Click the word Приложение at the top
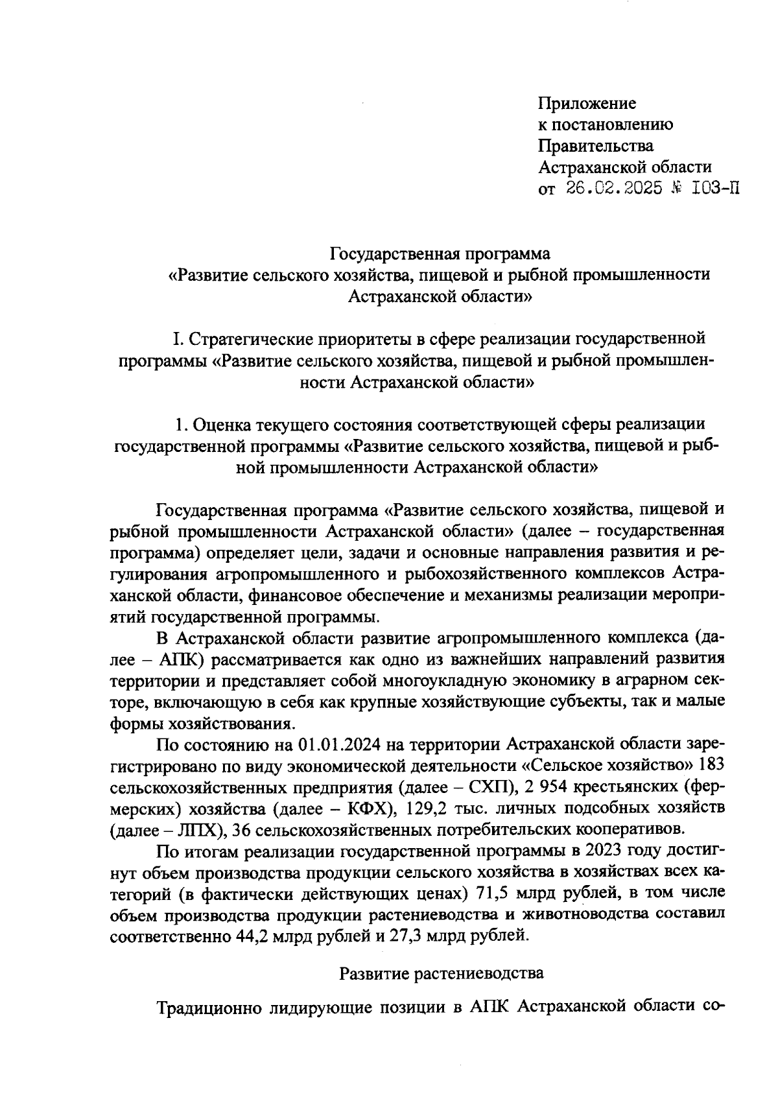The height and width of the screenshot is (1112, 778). (587, 104)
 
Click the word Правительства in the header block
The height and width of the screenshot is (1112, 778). (596, 146)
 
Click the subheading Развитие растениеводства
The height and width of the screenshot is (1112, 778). (442, 973)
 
